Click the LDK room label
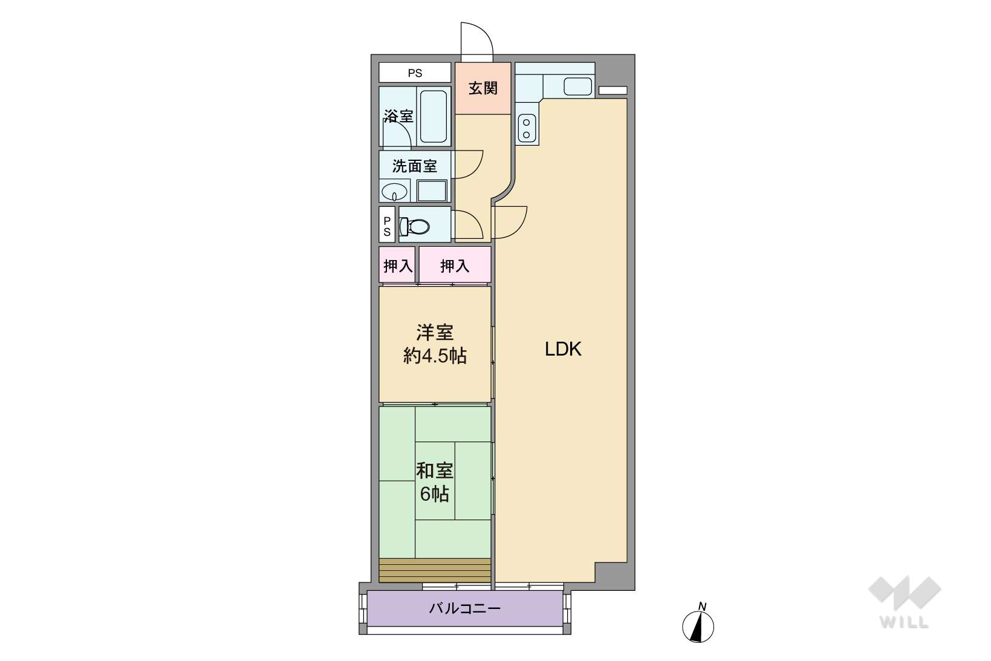pyautogui.click(x=563, y=350)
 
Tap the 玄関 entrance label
pyautogui.click(x=483, y=88)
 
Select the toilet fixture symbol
pyautogui.click(x=414, y=227)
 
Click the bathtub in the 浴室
pyautogui.click(x=434, y=116)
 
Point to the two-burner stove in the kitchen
pyautogui.click(x=527, y=128)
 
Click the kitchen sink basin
pyautogui.click(x=578, y=86)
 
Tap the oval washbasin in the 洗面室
pyautogui.click(x=394, y=192)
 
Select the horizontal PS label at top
pyautogui.click(x=415, y=73)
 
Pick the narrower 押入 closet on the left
pyautogui.click(x=397, y=264)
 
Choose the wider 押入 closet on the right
pyautogui.click(x=455, y=264)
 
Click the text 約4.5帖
pyautogui.click(x=435, y=356)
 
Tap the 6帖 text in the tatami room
pyautogui.click(x=435, y=494)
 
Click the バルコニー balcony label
pyautogui.click(x=465, y=609)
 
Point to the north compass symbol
pyautogui.click(x=698, y=624)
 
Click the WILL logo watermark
pyautogui.click(x=905, y=602)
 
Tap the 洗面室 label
pyautogui.click(x=415, y=166)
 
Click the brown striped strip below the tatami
pyautogui.click(x=435, y=570)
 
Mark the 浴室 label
pyautogui.click(x=398, y=116)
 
